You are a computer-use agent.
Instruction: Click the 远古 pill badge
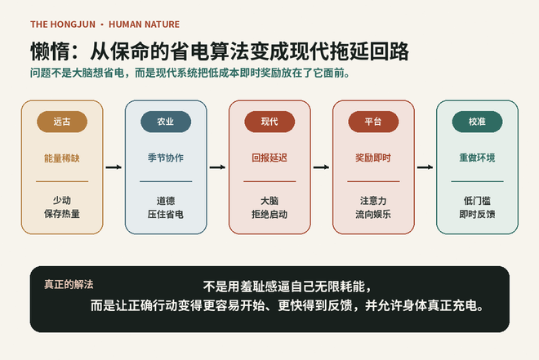tap(62, 122)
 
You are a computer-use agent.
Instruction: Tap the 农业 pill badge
tap(166, 122)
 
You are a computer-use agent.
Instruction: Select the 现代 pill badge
tap(269, 122)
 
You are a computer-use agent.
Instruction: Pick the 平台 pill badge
tap(373, 122)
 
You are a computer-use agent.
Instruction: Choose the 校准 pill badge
tap(477, 122)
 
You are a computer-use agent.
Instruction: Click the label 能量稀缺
tap(62, 158)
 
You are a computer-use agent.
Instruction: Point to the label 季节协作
tap(166, 158)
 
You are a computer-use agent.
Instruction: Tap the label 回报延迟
tap(269, 158)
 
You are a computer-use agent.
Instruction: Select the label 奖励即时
tap(373, 158)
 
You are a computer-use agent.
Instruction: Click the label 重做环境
tap(477, 158)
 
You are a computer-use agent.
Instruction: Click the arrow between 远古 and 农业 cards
tap(114, 167)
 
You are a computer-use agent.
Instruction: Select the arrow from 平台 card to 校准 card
tap(425, 167)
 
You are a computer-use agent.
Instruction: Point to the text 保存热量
tap(62, 214)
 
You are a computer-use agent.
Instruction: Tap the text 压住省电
tap(166, 215)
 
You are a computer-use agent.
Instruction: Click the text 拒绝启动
tap(269, 215)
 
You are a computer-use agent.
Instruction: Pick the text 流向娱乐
tap(373, 215)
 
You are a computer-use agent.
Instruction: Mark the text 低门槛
tap(477, 200)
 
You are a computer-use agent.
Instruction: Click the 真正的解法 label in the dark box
tap(69, 284)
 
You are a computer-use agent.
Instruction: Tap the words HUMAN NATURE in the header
tap(144, 24)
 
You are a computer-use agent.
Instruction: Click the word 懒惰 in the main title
tap(50, 51)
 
